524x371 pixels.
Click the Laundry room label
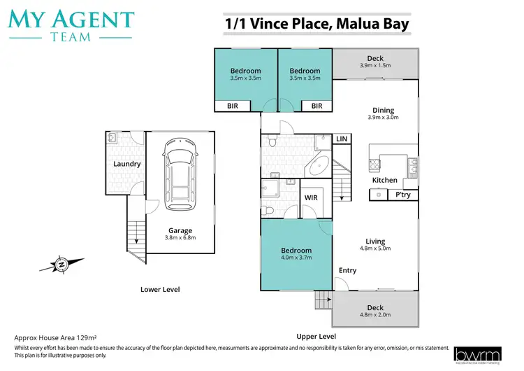(127, 164)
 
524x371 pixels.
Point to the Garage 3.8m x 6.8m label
(180, 234)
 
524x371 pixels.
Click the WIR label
(311, 198)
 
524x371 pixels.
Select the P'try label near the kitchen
(402, 195)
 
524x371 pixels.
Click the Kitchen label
(384, 180)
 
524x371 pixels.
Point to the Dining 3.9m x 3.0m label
(383, 113)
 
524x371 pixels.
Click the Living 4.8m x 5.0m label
(374, 244)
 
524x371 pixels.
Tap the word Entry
(347, 270)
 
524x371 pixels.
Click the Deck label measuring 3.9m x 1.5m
(375, 62)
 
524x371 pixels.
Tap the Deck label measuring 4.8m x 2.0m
(375, 311)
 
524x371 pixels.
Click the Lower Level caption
(161, 289)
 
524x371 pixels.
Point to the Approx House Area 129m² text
(56, 337)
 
